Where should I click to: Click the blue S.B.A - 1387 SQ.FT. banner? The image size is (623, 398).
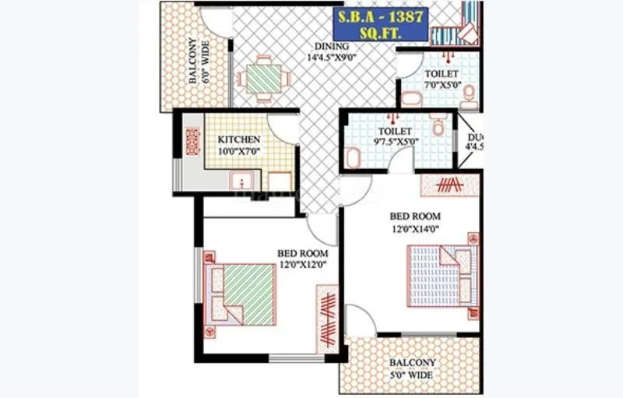(380, 24)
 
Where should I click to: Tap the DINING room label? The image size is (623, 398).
(326, 46)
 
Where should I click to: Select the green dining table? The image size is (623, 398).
(262, 78)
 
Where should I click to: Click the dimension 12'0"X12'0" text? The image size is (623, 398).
(303, 265)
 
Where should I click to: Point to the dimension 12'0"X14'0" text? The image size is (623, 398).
(417, 228)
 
